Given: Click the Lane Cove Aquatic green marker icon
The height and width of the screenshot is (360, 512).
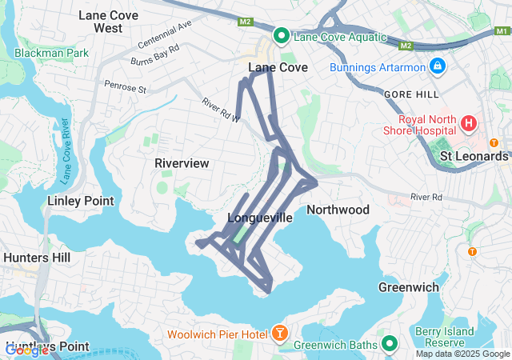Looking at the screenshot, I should pyautogui.click(x=282, y=36).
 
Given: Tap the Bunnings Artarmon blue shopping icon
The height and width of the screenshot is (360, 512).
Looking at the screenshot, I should pyautogui.click(x=437, y=66).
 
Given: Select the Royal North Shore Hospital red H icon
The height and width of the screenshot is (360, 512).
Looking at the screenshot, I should pyautogui.click(x=468, y=124).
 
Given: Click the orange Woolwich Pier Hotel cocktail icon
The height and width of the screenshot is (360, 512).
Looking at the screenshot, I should pyautogui.click(x=281, y=332).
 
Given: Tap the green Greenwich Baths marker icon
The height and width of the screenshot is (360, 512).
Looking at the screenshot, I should pyautogui.click(x=390, y=345).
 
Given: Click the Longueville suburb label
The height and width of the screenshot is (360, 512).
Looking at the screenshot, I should pyautogui.click(x=260, y=218).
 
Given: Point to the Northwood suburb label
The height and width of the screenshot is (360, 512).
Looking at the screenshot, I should pyautogui.click(x=338, y=210).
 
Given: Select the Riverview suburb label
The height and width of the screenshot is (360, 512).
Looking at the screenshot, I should pyautogui.click(x=182, y=163).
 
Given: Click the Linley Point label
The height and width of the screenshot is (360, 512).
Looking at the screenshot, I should pyautogui.click(x=80, y=201).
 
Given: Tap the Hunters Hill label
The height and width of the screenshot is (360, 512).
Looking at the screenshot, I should pyautogui.click(x=37, y=258).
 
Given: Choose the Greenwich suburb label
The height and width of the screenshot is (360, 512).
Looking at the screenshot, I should pyautogui.click(x=406, y=286).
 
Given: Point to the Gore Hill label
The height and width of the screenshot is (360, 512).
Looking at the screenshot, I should pyautogui.click(x=408, y=94).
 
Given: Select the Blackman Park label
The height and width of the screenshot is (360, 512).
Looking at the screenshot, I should pyautogui.click(x=50, y=53).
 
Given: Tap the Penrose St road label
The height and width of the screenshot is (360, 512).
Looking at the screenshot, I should pyautogui.click(x=125, y=86).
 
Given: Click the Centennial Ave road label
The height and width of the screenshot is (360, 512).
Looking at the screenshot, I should pyautogui.click(x=165, y=34).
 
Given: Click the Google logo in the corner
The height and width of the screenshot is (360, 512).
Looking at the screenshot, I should pyautogui.click(x=26, y=350).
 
